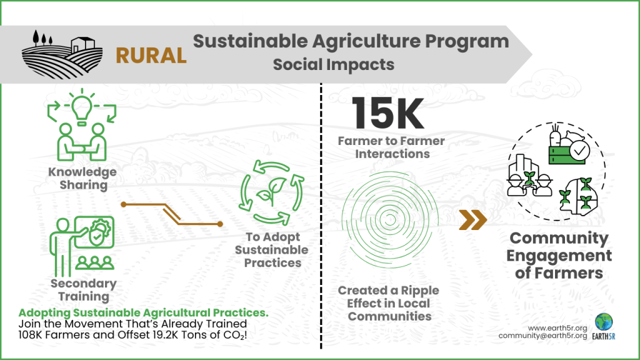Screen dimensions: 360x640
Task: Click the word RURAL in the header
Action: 151,56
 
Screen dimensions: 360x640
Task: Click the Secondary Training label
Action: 83,290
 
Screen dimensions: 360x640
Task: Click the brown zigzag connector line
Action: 171,214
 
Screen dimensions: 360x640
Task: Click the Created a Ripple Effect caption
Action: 388,303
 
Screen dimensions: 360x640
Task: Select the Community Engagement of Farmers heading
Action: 558,256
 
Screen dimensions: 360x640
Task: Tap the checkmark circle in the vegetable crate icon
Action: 579,150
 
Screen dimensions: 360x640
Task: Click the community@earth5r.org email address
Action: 542,336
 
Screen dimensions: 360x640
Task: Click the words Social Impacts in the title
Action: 333,64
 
